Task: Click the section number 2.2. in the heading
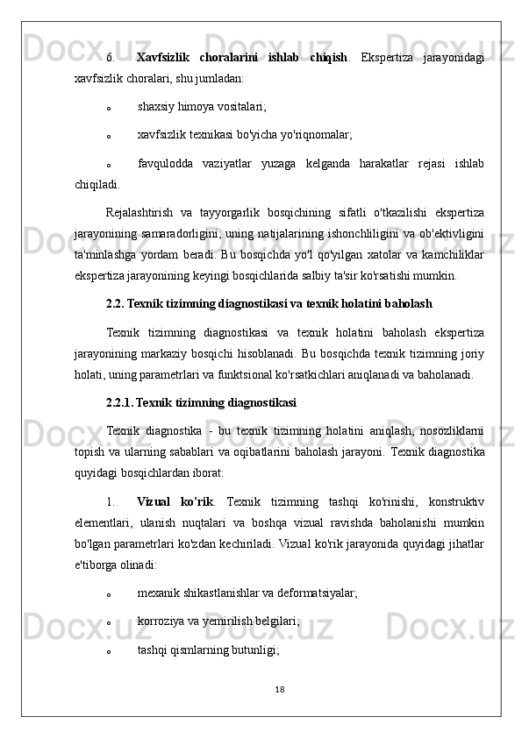(x=115, y=304)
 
